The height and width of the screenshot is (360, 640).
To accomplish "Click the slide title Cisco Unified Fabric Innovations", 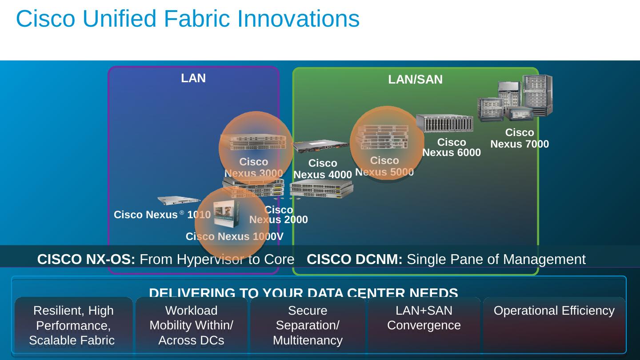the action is pos(188,19).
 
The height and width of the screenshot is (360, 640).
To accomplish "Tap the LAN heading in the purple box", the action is pos(193,78).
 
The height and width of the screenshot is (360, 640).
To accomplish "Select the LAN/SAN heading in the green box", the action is pos(415,80).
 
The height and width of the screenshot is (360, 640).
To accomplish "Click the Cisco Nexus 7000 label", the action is pos(520,138).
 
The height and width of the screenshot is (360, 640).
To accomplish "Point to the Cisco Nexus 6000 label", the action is pos(452,148).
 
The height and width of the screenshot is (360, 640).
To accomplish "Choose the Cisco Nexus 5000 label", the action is pos(384,166).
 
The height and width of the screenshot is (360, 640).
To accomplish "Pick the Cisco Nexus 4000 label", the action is pos(323,169).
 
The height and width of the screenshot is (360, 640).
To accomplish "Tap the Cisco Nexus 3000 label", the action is pos(253,168).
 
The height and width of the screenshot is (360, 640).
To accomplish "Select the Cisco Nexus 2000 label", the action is pos(279,215).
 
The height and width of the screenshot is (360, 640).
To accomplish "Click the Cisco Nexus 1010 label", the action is pos(162,215).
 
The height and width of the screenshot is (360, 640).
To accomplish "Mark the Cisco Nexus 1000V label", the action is pos(234,236).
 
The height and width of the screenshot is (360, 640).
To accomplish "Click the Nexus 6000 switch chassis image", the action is pos(444,124).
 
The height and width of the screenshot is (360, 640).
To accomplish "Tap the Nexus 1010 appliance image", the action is pos(179,200).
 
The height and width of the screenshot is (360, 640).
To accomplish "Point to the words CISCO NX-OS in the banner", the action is pos(86,259).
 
